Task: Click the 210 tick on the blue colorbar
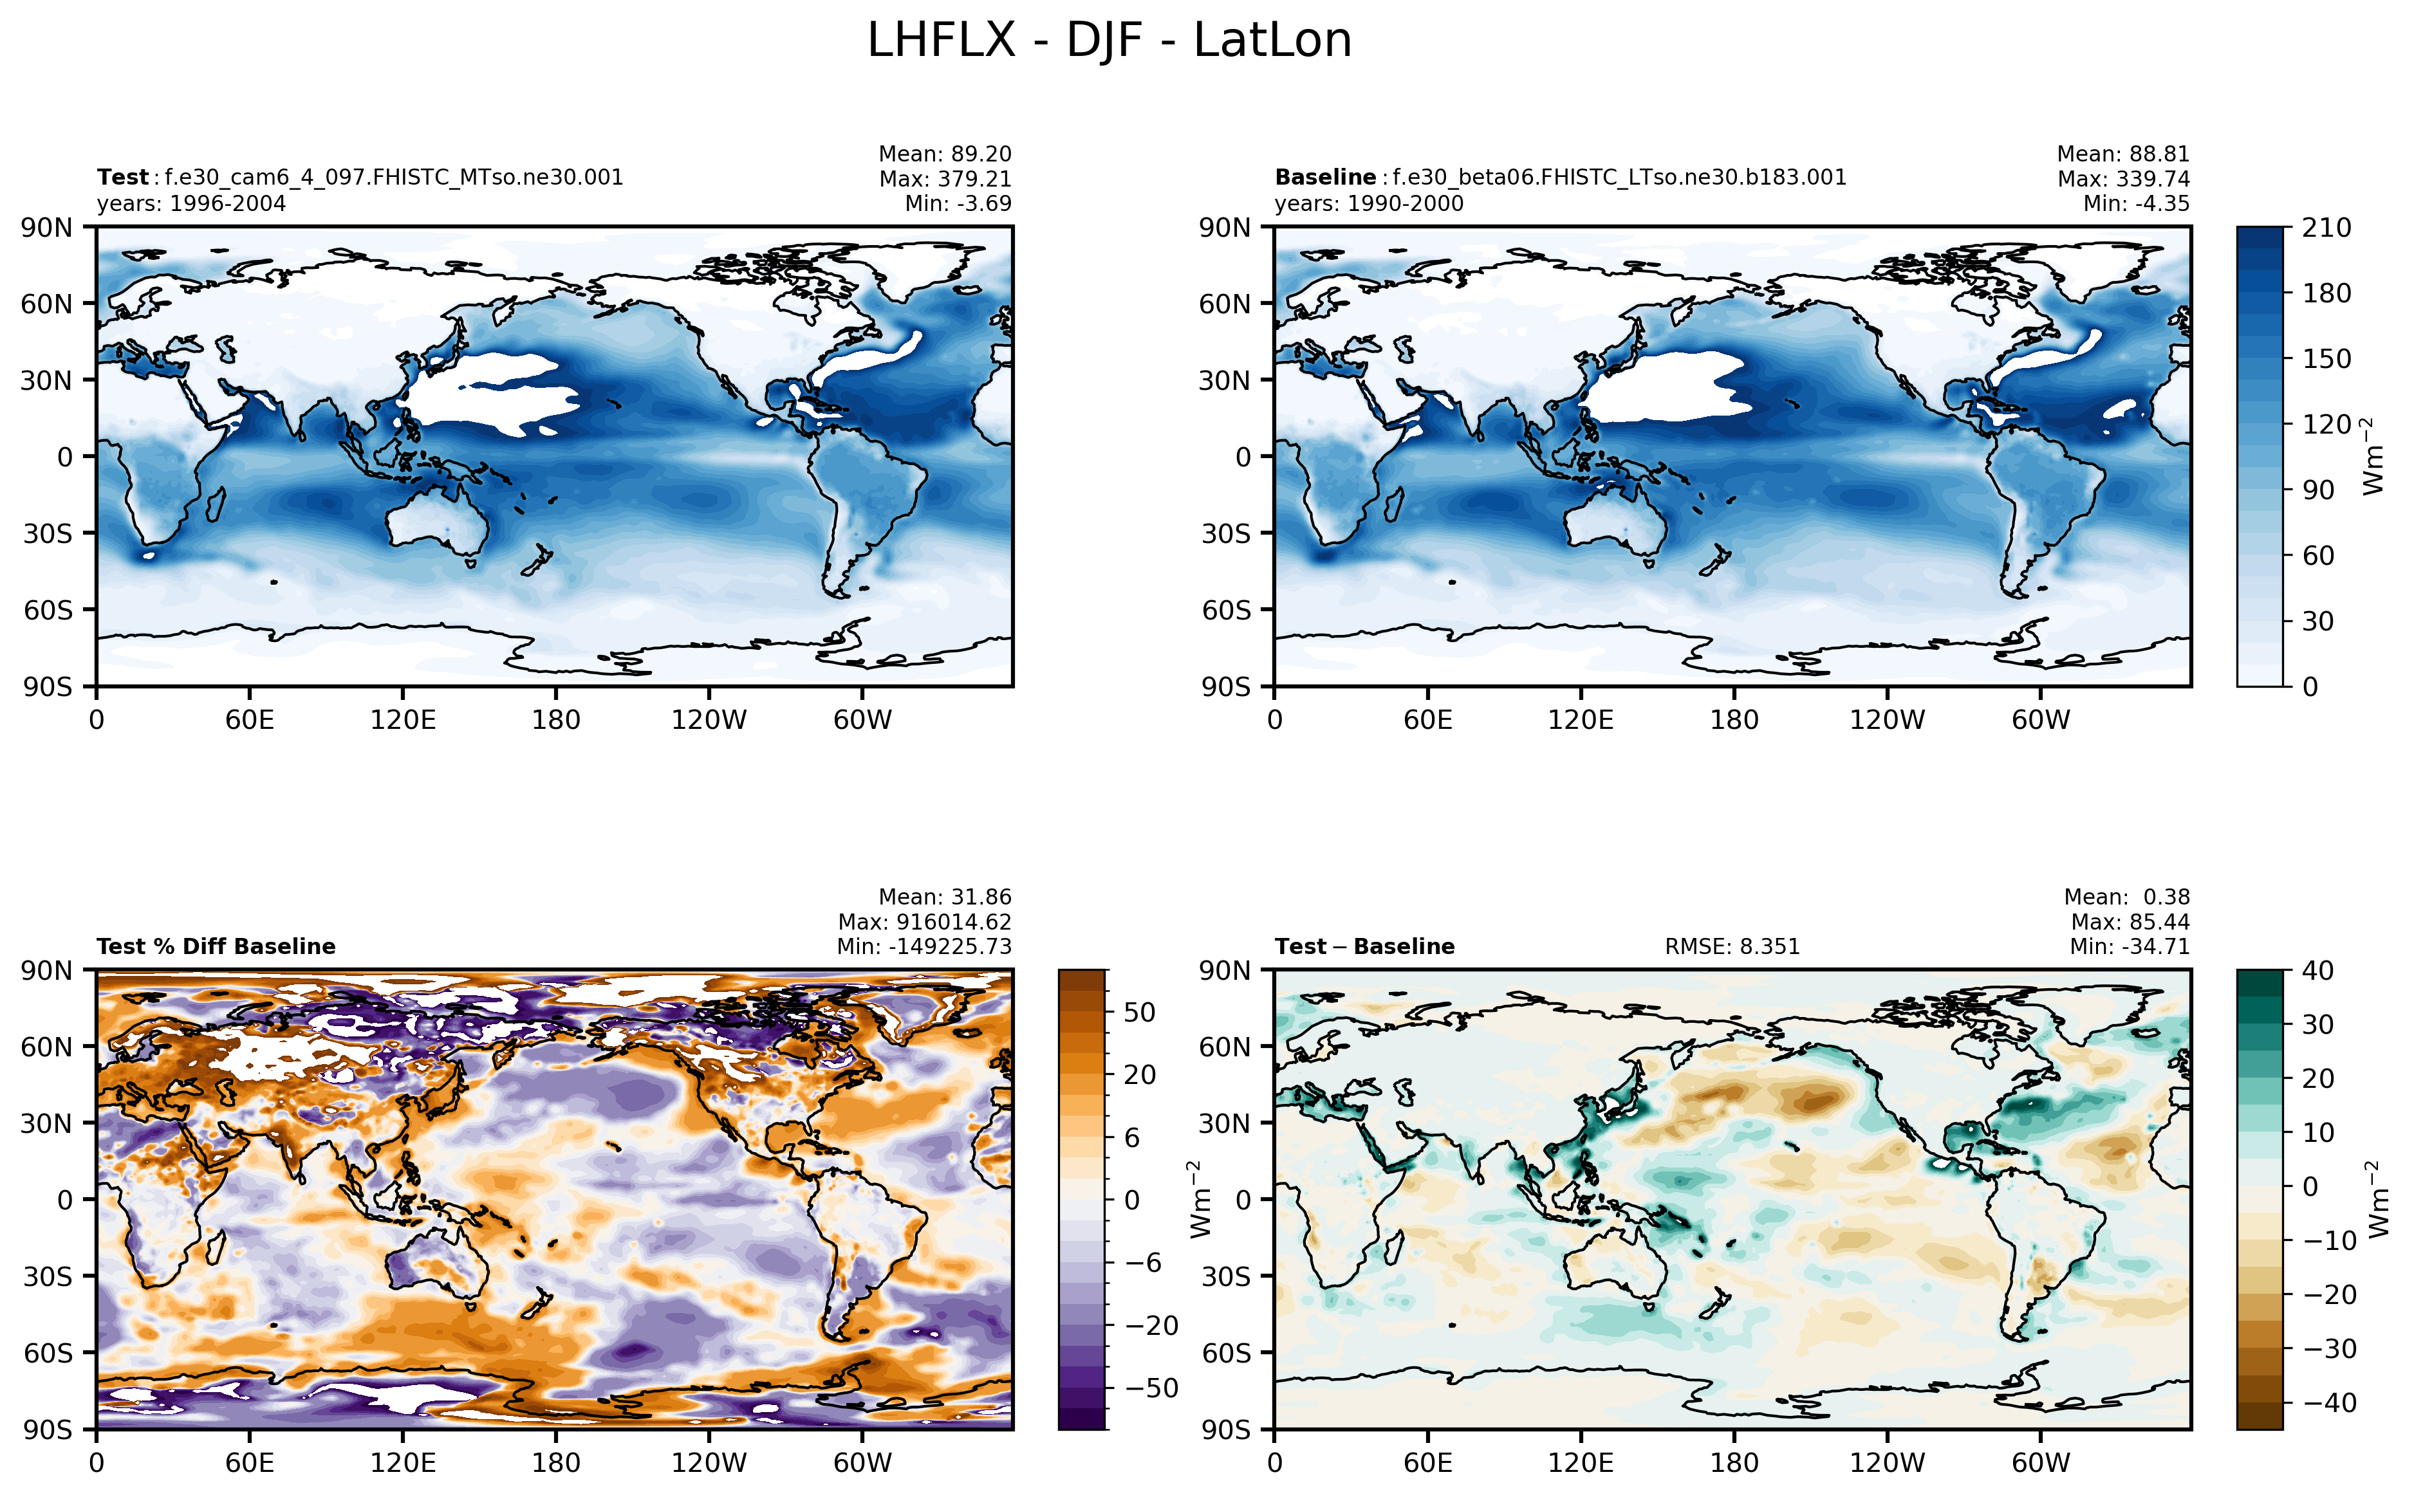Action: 2325,228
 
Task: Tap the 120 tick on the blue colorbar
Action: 2325,424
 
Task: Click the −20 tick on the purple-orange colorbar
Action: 1151,1326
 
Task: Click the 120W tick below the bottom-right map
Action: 1886,1462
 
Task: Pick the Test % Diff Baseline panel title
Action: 216,946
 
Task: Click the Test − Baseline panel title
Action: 1364,946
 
